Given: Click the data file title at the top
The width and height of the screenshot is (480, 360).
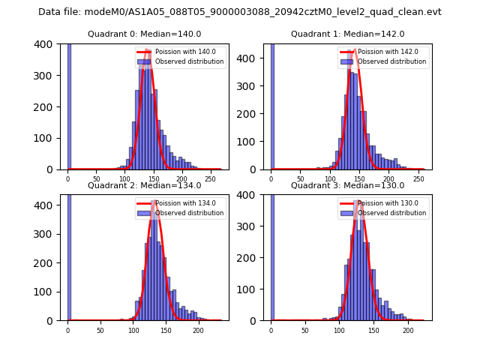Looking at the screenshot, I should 240,12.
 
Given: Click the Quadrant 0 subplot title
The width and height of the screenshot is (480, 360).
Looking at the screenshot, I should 144,34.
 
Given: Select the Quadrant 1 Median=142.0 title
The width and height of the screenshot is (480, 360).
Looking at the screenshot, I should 347,34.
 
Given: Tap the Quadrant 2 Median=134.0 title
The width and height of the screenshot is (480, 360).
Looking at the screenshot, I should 144,185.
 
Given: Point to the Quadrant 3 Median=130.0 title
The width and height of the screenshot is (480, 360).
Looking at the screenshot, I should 347,185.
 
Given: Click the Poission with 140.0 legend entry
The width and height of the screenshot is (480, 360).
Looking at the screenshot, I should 181,52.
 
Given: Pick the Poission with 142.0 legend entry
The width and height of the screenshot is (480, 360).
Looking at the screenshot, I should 383,52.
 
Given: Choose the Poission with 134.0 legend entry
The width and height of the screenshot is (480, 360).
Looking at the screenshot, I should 181,203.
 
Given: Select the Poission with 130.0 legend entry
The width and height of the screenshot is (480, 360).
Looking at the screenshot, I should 383,203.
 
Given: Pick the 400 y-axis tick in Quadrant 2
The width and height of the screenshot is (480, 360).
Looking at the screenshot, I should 46,205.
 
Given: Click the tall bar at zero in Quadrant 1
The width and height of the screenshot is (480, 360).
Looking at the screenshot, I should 272,105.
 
